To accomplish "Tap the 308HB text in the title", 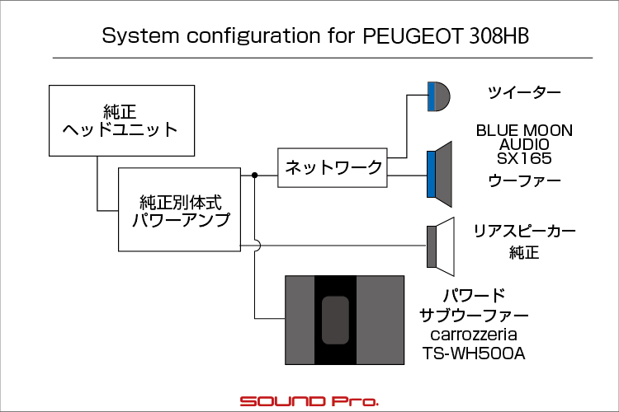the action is click(x=499, y=36).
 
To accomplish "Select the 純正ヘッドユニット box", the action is click(x=121, y=120).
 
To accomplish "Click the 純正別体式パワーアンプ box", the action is click(x=179, y=209).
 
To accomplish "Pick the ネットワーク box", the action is click(x=333, y=167).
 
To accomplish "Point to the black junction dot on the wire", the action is click(x=255, y=175).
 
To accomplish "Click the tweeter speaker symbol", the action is click(x=438, y=96).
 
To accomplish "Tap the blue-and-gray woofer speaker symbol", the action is click(x=439, y=174).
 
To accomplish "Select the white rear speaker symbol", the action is click(x=441, y=247).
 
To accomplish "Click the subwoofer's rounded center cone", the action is click(x=335, y=321).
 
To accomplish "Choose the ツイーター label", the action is click(x=524, y=93).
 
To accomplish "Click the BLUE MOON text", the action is click(x=524, y=130).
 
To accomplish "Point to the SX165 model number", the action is click(x=524, y=158).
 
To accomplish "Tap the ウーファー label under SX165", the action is click(x=524, y=181).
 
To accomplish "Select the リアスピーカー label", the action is click(x=524, y=231).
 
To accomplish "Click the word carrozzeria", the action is click(x=474, y=335).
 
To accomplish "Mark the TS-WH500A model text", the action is click(x=474, y=353).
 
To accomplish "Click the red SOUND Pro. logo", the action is click(x=309, y=401).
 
